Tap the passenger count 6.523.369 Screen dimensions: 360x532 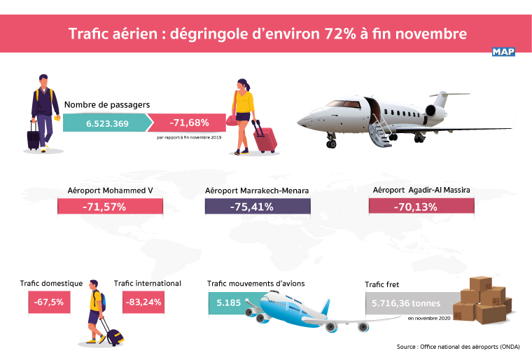click(x=107, y=123)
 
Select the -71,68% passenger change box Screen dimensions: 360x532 click(x=188, y=123)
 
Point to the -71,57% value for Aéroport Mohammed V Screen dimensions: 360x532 click(x=109, y=207)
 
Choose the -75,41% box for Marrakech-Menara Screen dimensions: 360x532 click(x=257, y=206)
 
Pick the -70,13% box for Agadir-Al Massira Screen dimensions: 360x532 click(x=421, y=206)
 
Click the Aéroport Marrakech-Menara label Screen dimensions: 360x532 click(x=257, y=190)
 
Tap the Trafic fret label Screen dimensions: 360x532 click(x=382, y=284)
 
